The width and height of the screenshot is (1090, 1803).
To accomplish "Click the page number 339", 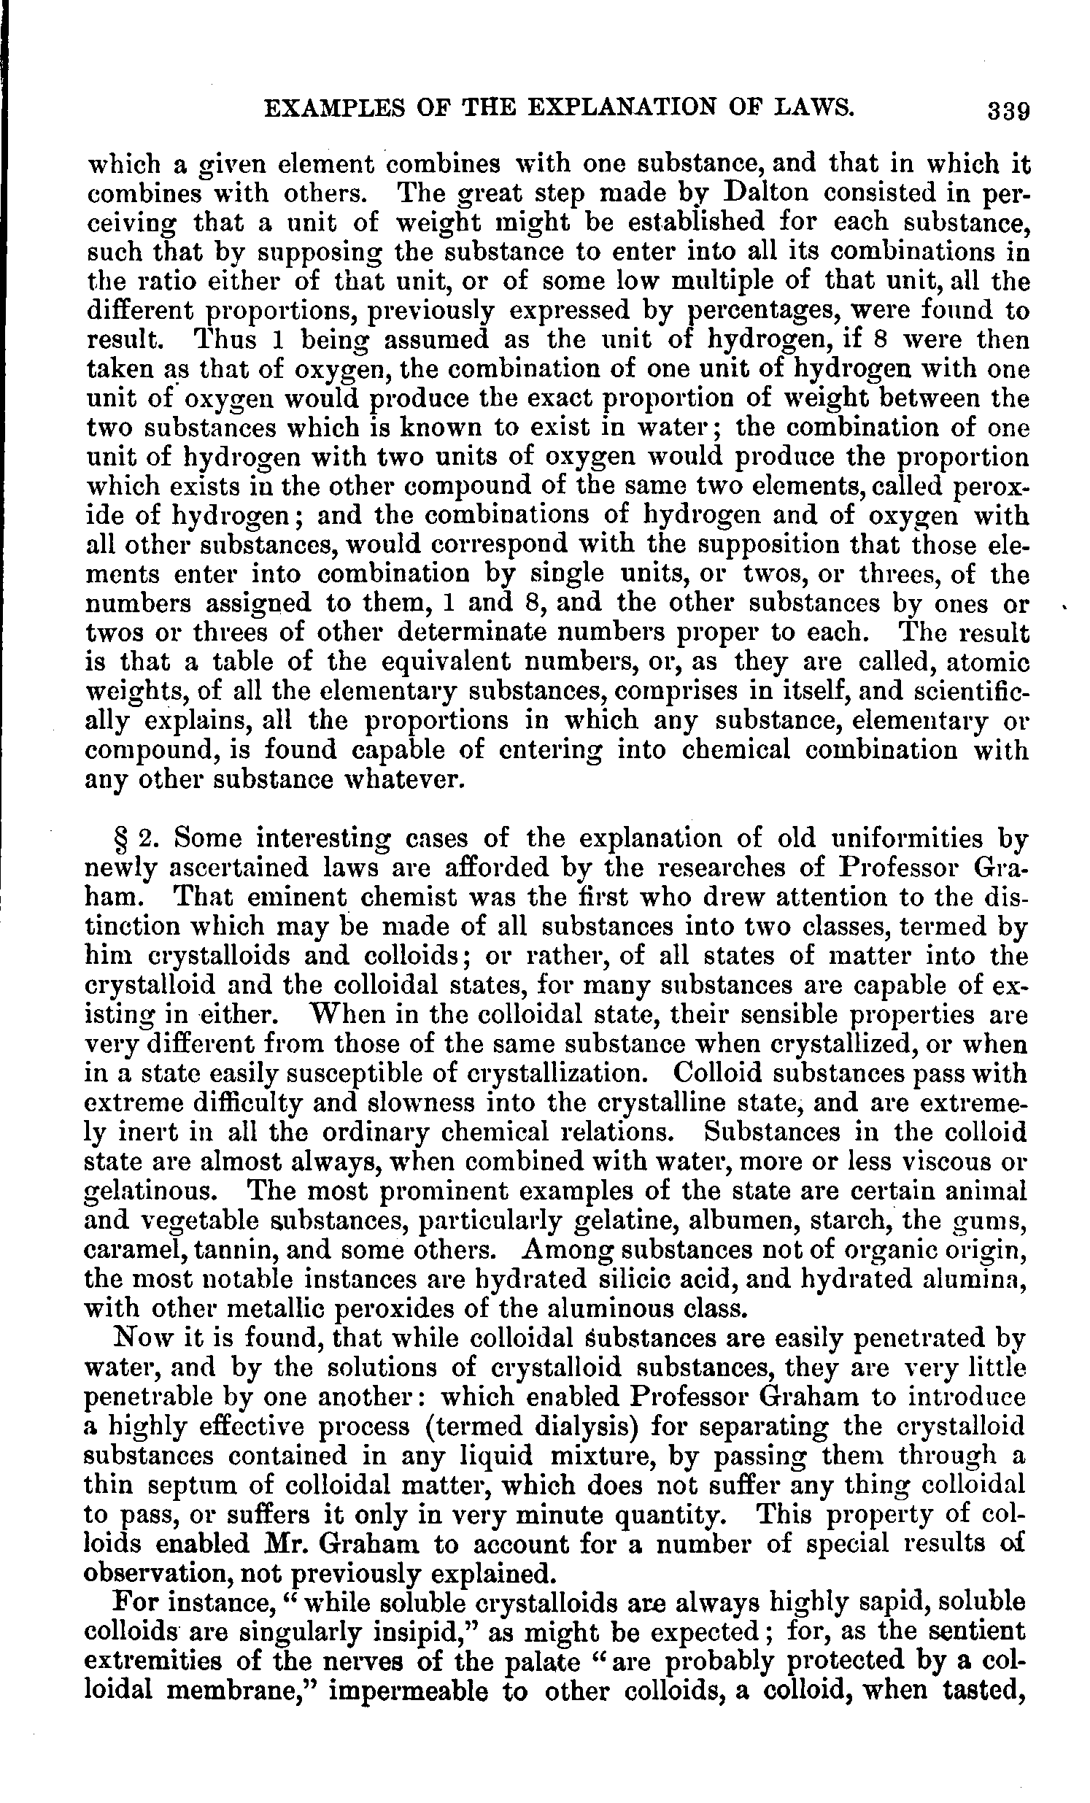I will pos(1008,110).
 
